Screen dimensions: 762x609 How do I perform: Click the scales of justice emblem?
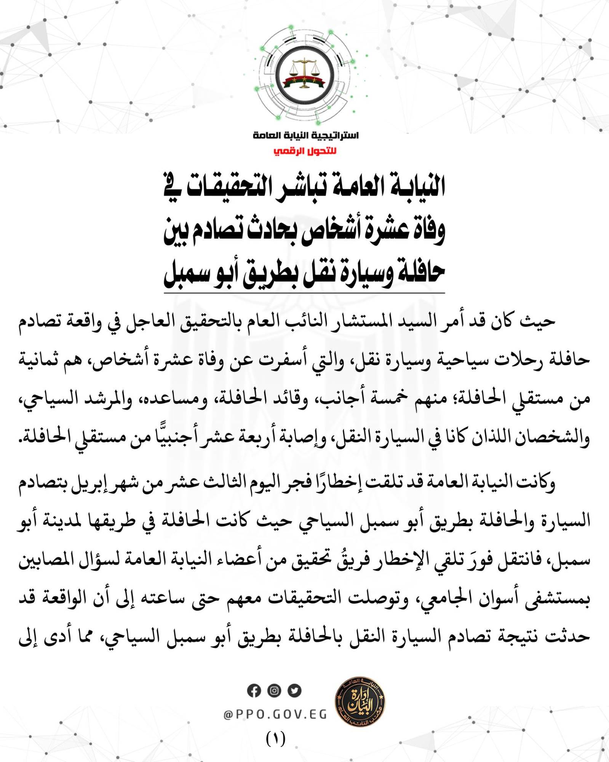(304, 74)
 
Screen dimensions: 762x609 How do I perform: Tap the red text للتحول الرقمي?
(305, 151)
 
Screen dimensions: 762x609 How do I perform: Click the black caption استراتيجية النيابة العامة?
(305, 135)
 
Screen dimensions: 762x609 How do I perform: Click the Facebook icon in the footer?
(254, 691)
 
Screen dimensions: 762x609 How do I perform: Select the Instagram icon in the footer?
(274, 691)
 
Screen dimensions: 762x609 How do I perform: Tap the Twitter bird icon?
(294, 691)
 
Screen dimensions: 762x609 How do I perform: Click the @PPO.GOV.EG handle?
(275, 715)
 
